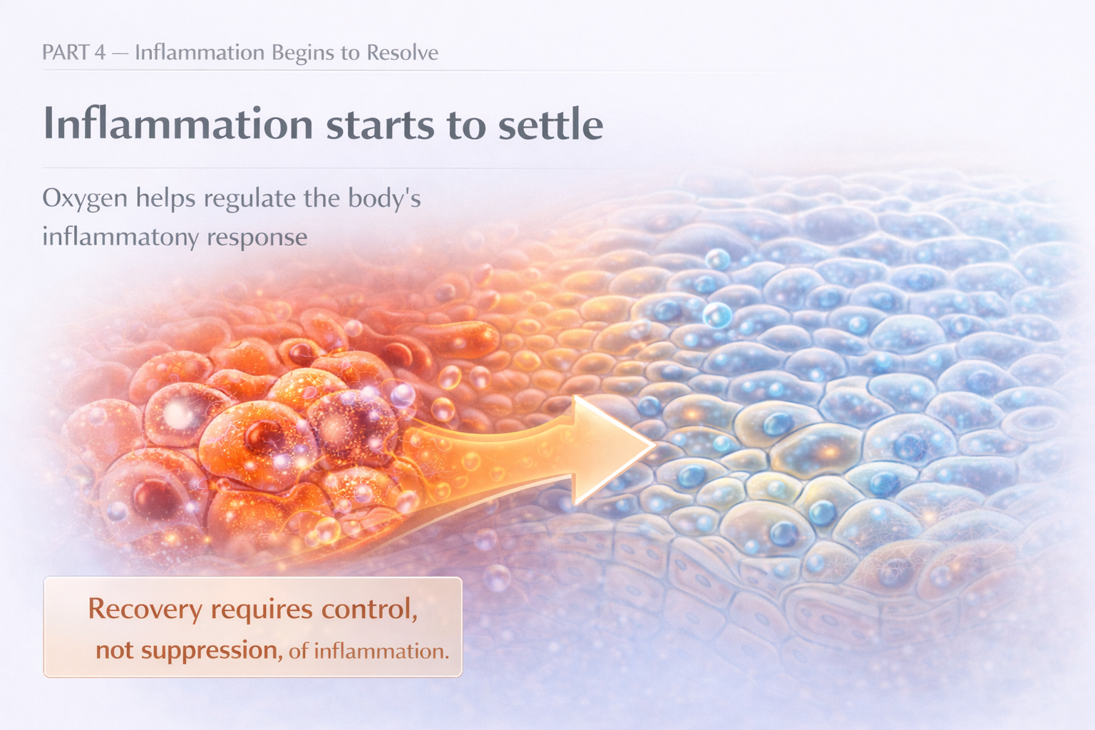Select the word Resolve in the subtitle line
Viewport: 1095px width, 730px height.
pyautogui.click(x=402, y=53)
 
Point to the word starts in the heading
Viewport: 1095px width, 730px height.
pyautogui.click(x=380, y=124)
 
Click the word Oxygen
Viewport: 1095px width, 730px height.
pyautogui.click(x=84, y=199)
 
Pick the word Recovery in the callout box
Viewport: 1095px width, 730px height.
pyautogui.click(x=145, y=609)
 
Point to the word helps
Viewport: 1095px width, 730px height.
pyautogui.click(x=165, y=197)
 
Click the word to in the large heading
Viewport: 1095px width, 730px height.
pyautogui.click(x=466, y=124)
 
